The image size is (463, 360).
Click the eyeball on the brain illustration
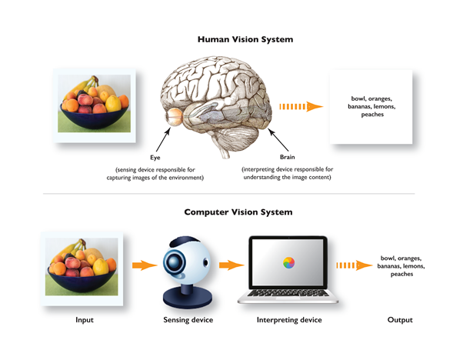coord(175,117)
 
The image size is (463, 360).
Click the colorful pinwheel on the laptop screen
coord(288,263)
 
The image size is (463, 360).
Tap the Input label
coord(86,320)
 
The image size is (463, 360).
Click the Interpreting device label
coord(288,320)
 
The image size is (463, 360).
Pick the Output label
coord(400,320)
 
